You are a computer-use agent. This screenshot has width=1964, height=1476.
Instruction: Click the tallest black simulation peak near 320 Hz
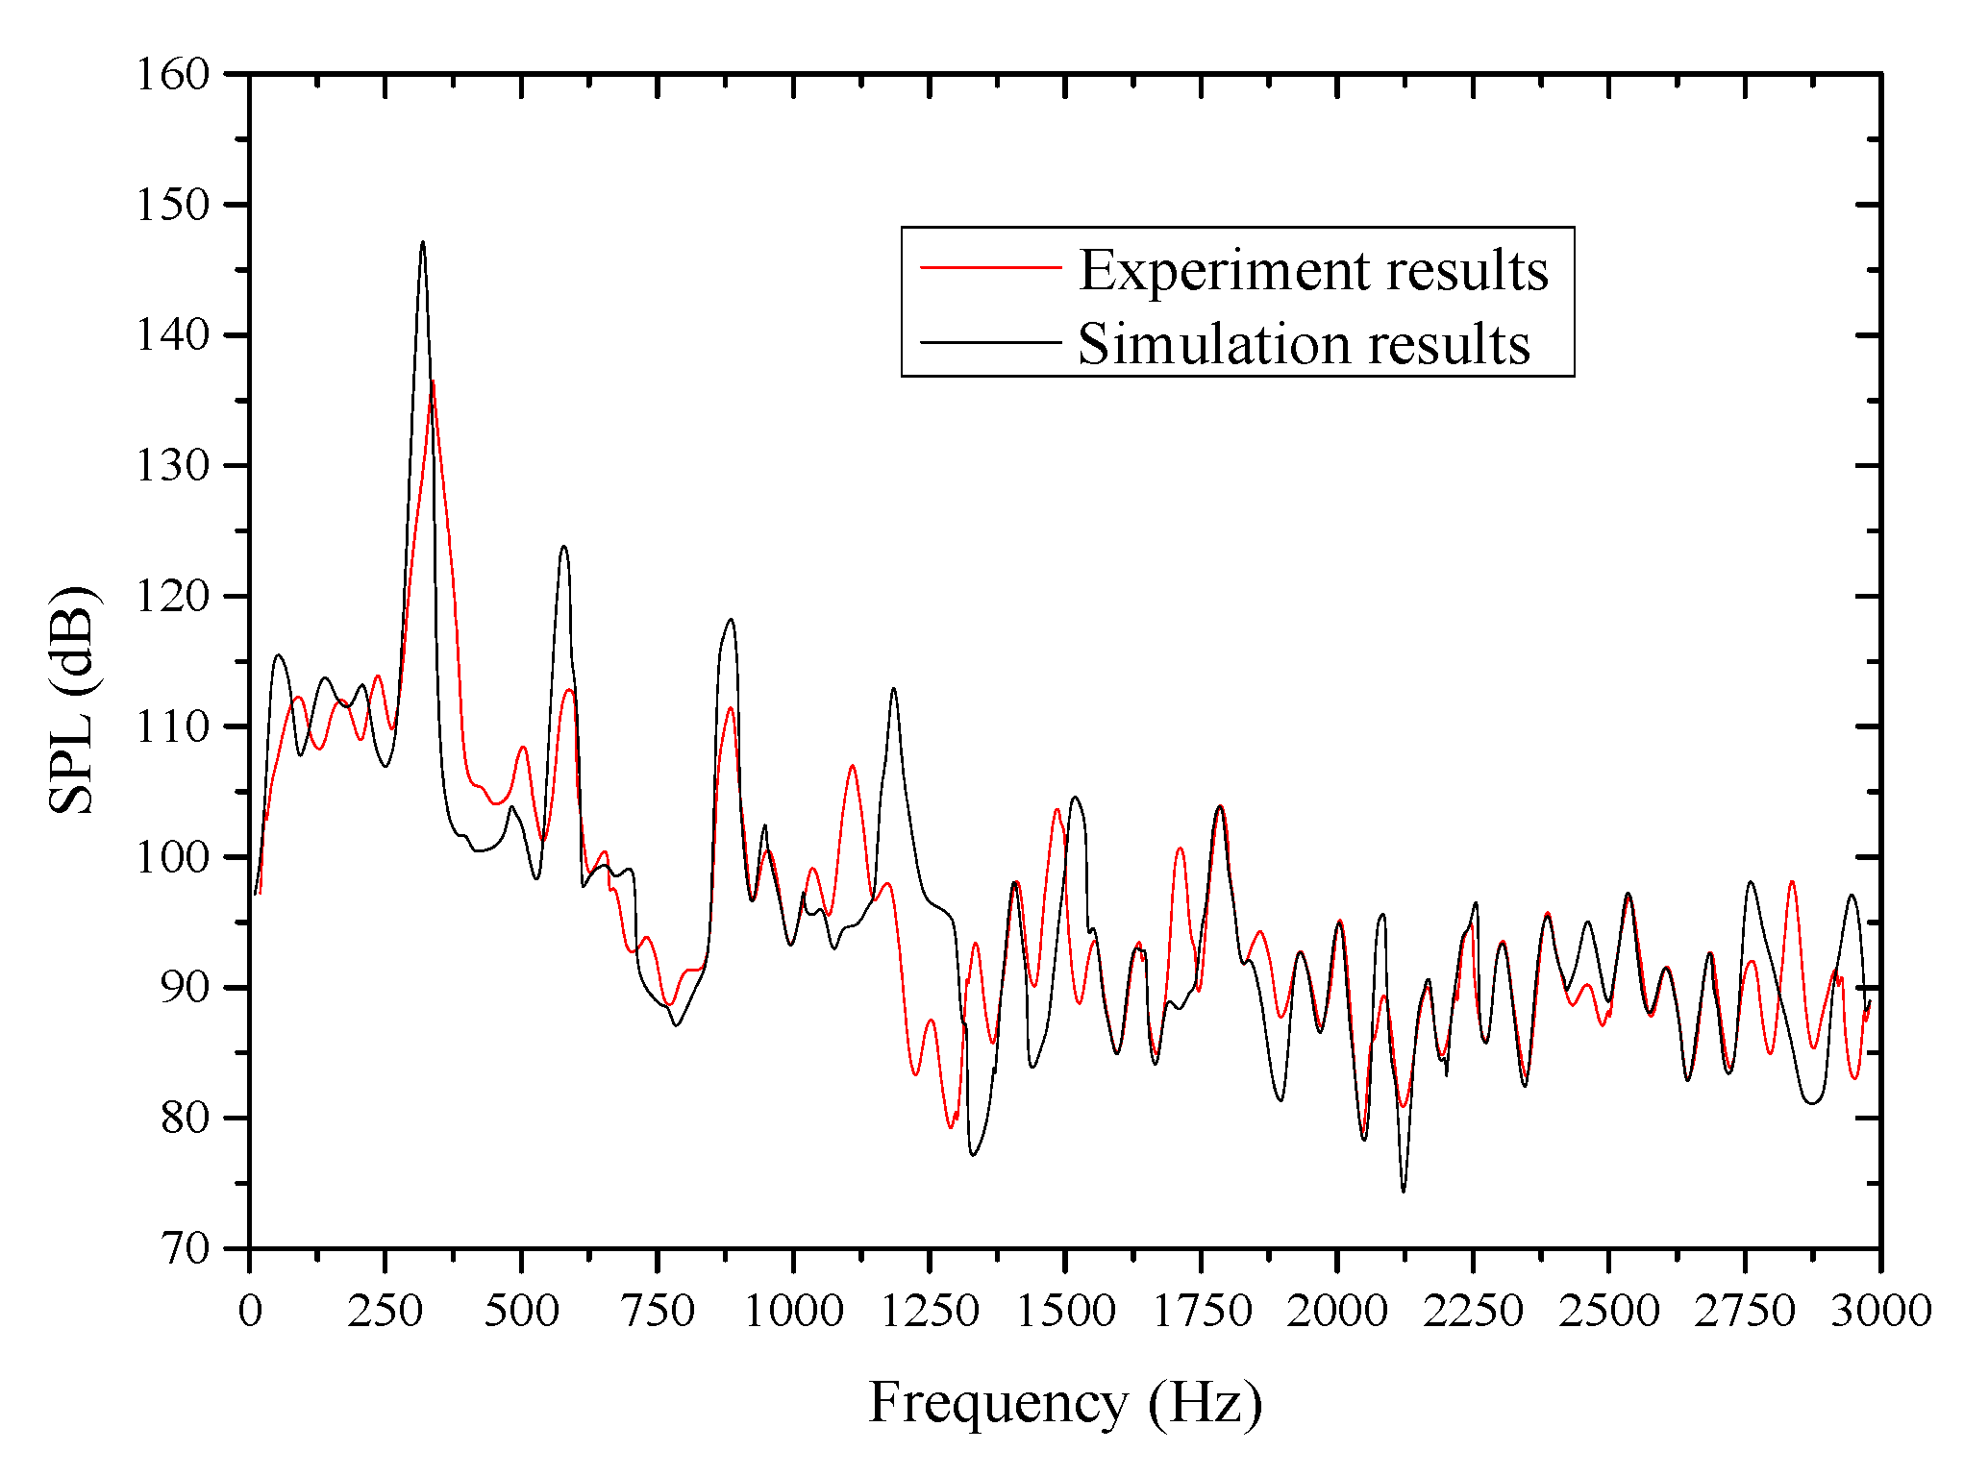(x=422, y=243)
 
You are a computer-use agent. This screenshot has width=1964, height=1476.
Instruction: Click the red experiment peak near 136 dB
(x=433, y=383)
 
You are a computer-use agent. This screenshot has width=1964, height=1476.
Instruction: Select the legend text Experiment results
(x=1313, y=270)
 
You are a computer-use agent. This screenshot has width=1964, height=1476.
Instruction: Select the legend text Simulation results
(x=1304, y=344)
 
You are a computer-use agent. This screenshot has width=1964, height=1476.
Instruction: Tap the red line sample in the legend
(x=990, y=266)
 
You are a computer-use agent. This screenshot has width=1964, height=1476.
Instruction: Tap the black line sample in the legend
(x=990, y=341)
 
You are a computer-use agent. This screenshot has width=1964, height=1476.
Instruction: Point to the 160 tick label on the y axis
(x=173, y=75)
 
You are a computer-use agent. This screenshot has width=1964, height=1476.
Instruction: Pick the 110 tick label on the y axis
(x=173, y=726)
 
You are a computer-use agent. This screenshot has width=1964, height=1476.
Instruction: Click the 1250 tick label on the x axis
(x=930, y=1311)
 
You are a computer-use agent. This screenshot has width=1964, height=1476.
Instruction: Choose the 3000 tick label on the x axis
(x=1879, y=1311)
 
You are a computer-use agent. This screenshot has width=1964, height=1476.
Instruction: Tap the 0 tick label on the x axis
(x=250, y=1311)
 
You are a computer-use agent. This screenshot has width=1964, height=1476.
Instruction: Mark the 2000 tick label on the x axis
(x=1337, y=1311)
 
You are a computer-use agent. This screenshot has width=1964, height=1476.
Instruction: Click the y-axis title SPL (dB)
(x=72, y=699)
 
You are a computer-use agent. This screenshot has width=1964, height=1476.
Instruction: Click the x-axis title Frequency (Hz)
(x=1065, y=1404)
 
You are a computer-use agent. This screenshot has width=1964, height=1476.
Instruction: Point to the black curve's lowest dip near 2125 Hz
(x=1404, y=1191)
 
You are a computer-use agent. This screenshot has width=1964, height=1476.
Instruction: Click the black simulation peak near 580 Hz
(x=563, y=547)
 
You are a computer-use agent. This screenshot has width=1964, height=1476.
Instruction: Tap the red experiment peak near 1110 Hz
(x=852, y=766)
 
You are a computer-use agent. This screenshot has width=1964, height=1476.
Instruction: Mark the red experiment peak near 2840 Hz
(x=1792, y=881)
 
